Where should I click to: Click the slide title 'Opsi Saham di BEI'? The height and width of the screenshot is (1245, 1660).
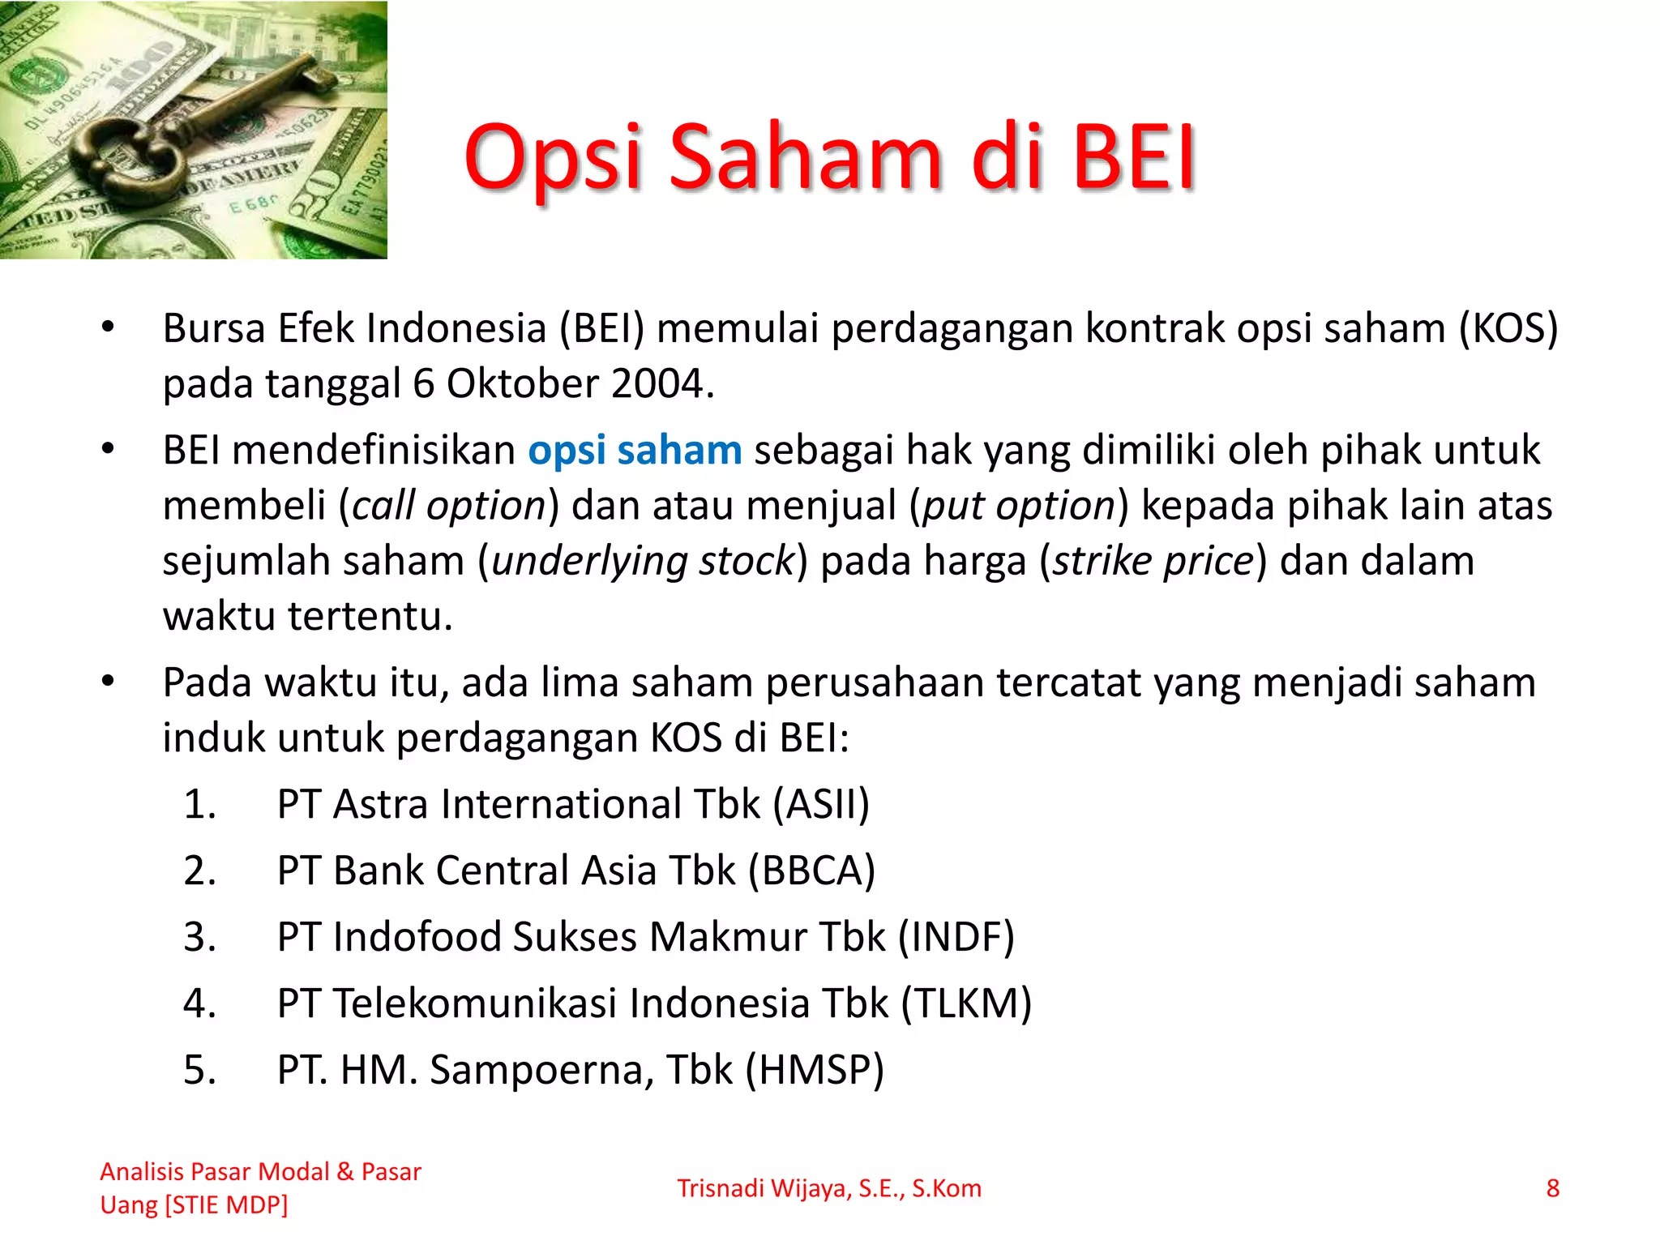[830, 158]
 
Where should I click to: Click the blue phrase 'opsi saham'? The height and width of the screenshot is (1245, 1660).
[635, 451]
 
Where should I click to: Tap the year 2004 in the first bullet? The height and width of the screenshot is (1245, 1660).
[658, 384]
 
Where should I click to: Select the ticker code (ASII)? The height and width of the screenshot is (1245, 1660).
[820, 805]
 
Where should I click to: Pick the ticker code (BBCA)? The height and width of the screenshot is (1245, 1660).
[811, 871]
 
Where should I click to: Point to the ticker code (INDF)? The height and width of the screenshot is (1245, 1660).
[956, 938]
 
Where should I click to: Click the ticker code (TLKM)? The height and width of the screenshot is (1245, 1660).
[966, 1004]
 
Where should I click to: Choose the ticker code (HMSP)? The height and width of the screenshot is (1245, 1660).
[815, 1071]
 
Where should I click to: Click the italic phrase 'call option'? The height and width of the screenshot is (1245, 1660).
[449, 507]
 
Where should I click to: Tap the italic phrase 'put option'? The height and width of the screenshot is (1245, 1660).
[1019, 507]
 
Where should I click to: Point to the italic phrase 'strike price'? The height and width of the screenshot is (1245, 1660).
[1153, 562]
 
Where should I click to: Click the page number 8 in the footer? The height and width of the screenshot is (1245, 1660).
[1552, 1189]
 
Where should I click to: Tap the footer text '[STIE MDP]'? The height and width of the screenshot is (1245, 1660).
[226, 1206]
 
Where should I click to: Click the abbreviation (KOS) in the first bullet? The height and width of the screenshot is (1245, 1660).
[1508, 329]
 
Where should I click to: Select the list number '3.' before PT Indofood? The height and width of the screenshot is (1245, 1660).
[199, 938]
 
